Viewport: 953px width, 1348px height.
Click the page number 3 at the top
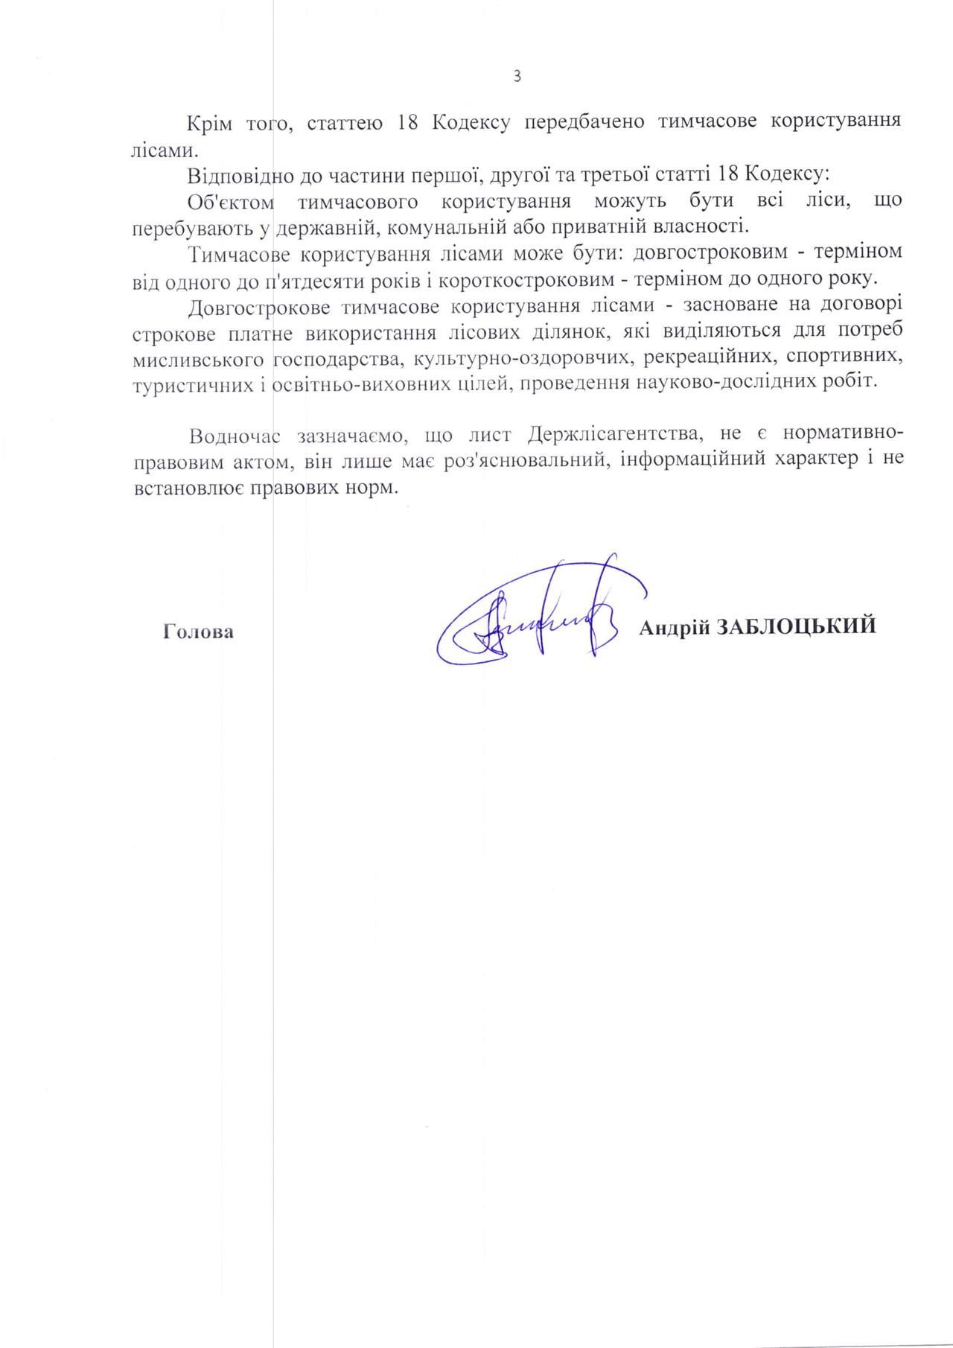point(517,76)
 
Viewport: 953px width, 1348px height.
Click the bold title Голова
point(198,632)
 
